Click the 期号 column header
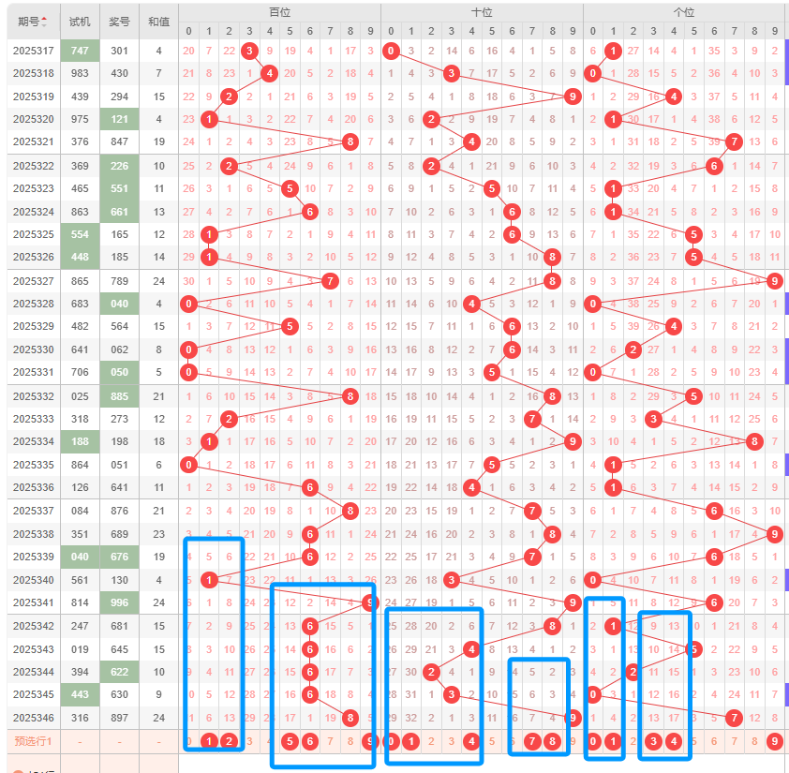click(32, 21)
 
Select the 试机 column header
click(80, 21)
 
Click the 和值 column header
click(158, 21)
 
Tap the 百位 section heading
click(279, 12)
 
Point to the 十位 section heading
click(482, 12)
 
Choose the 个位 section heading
click(684, 12)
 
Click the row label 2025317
click(33, 51)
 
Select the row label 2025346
click(33, 718)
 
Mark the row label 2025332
click(33, 396)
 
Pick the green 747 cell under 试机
click(80, 51)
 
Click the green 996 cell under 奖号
click(119, 602)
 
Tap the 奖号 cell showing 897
click(119, 718)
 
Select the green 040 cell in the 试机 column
click(80, 557)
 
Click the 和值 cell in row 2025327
click(158, 280)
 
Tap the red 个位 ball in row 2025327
click(775, 280)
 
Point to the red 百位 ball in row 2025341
click(370, 602)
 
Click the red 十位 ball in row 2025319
click(573, 96)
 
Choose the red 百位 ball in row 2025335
click(189, 465)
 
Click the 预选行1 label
click(33, 741)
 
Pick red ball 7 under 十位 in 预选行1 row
click(532, 741)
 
